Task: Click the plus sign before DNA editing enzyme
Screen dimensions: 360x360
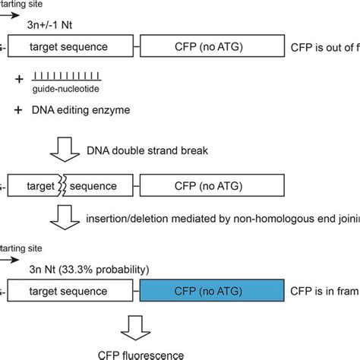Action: tap(17, 110)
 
